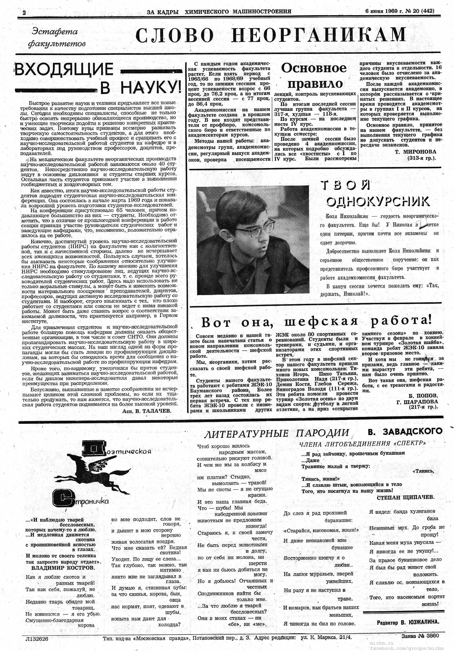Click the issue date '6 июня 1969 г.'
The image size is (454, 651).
pyautogui.click(x=385, y=11)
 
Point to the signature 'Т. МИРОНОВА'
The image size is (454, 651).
pyautogui.click(x=415, y=152)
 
